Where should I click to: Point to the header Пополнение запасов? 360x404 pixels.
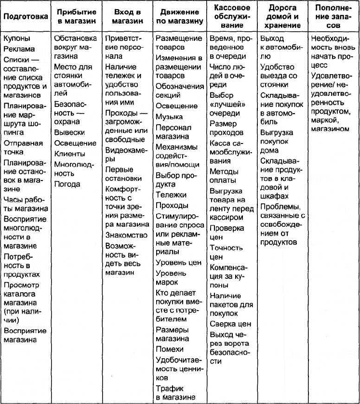point(333,17)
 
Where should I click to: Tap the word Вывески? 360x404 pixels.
point(69,132)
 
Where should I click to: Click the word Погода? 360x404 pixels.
point(67,184)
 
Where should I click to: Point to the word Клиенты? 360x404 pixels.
point(69,154)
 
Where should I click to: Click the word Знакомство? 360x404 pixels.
point(126,235)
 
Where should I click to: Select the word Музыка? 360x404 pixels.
point(169,117)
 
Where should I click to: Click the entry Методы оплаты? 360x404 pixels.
point(224,176)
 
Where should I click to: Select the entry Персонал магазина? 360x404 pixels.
point(173,132)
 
